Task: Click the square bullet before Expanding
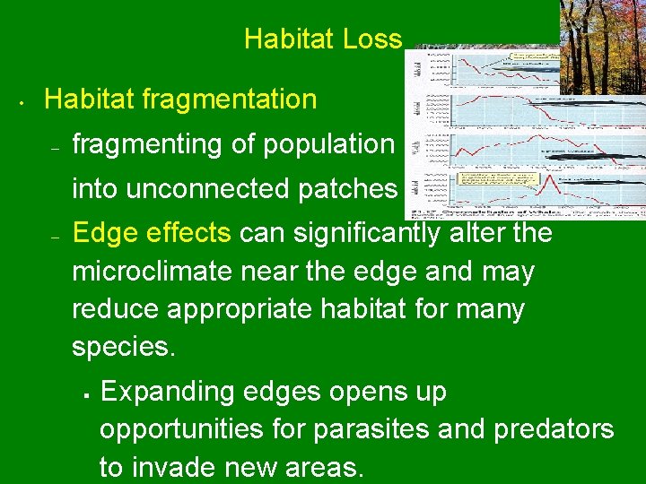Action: (x=82, y=393)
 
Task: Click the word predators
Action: (x=554, y=429)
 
